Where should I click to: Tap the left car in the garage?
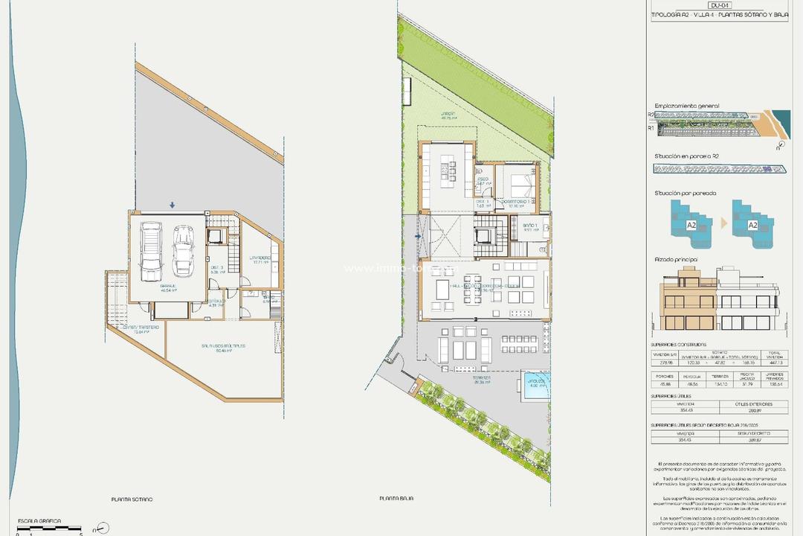point(152,249)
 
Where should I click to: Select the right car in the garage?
point(181,249)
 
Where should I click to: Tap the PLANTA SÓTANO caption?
point(132,499)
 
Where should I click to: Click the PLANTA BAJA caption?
point(396,499)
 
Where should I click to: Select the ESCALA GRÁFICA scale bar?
point(49,528)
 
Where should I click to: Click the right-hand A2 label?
point(752,224)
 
